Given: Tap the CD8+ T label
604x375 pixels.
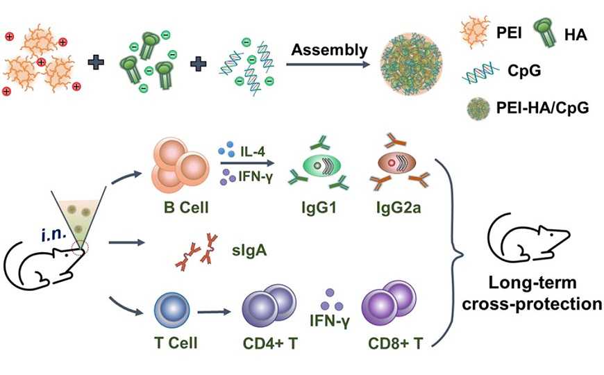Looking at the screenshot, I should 390,342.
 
